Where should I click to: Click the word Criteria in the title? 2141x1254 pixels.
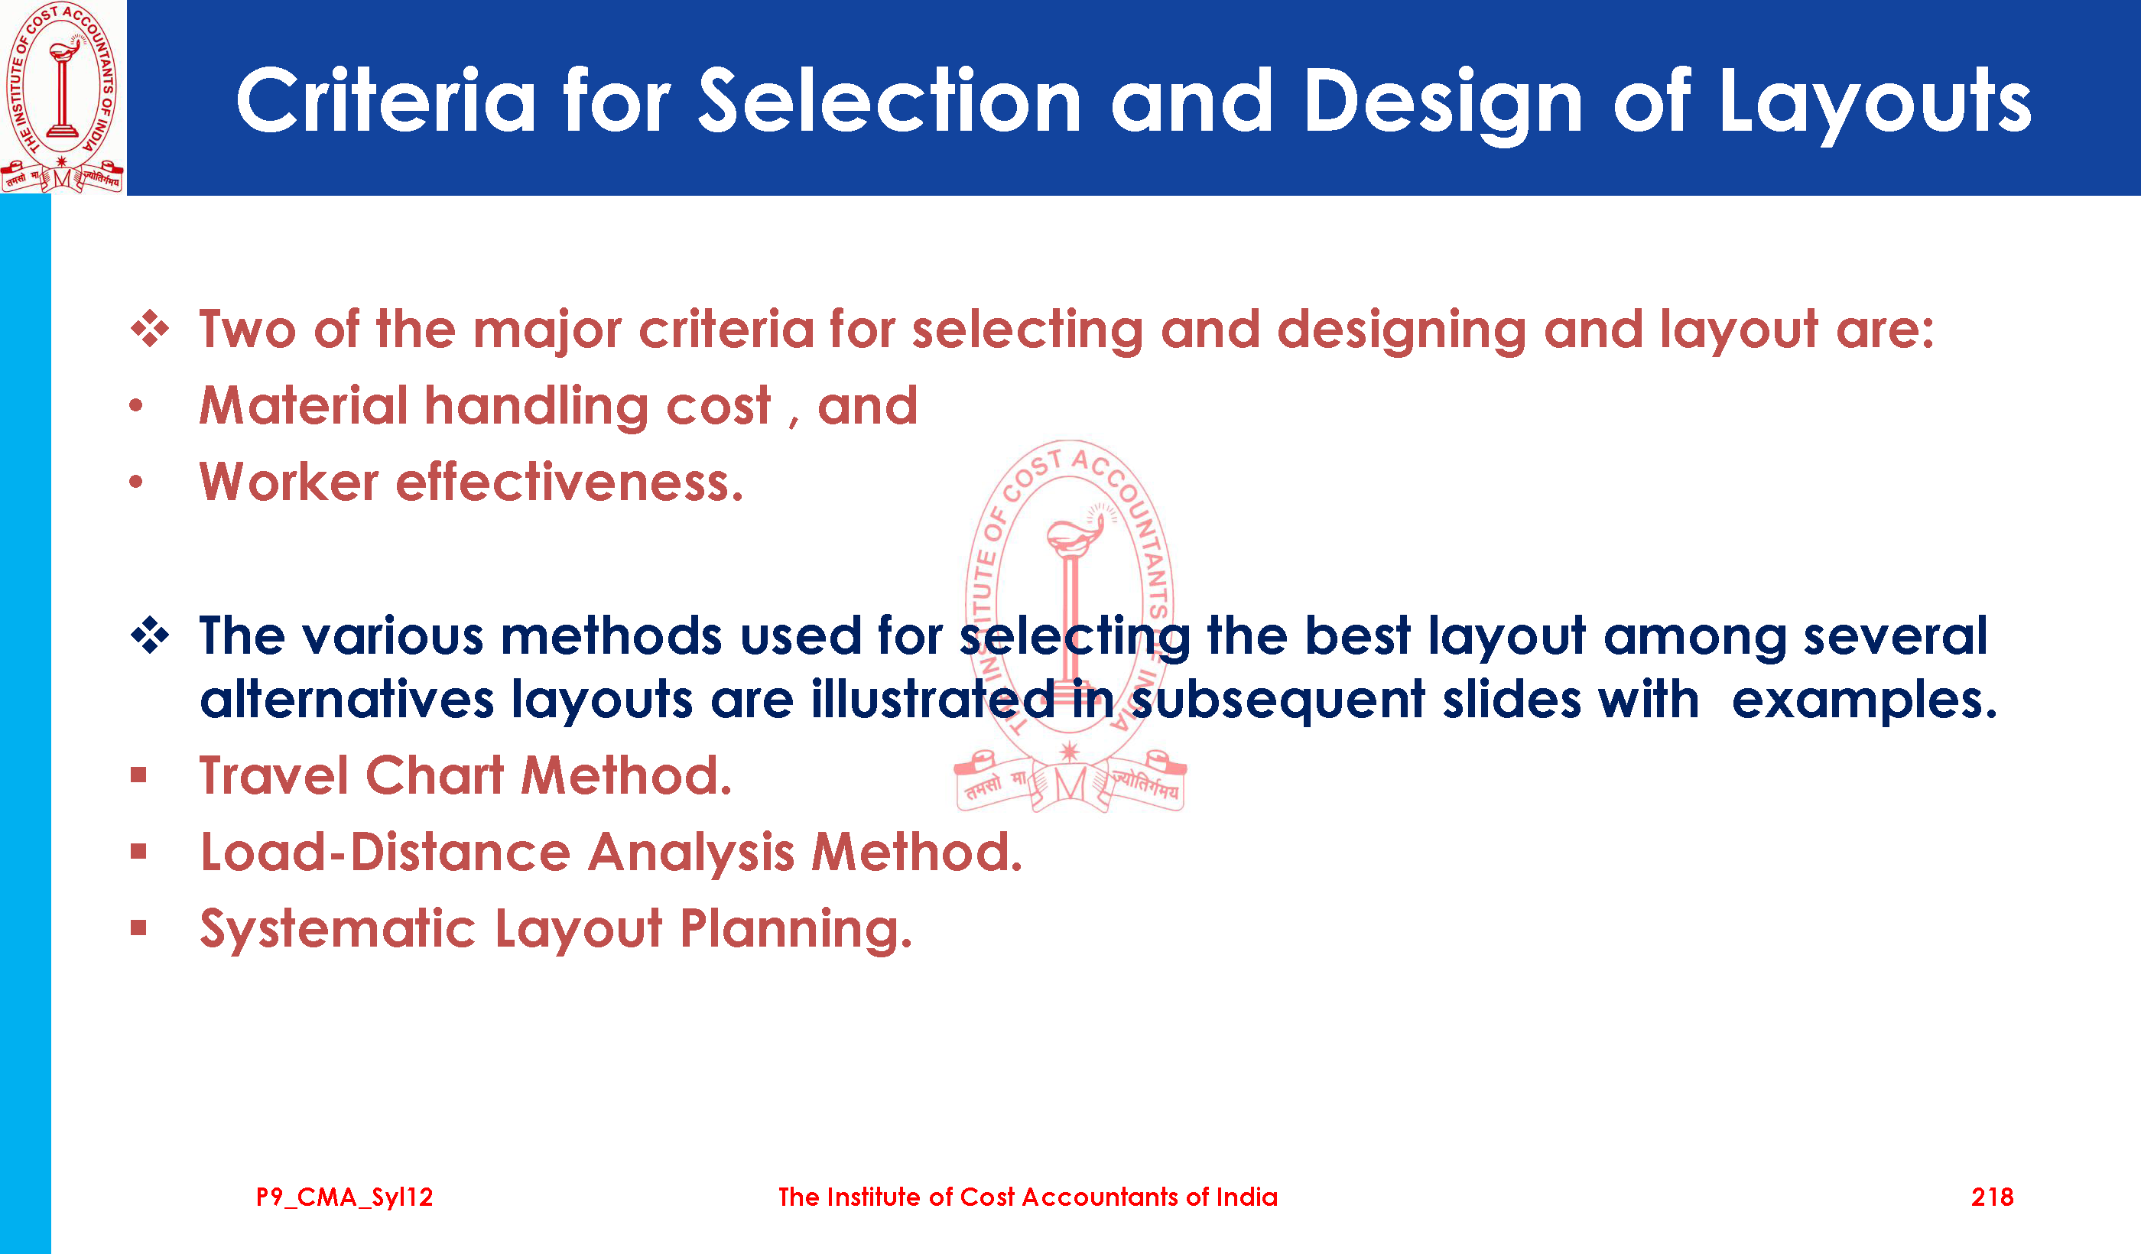[387, 101]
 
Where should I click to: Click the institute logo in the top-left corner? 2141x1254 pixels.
[62, 97]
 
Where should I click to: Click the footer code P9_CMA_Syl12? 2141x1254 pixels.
[344, 1198]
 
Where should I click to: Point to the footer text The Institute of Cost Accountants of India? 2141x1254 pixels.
[1028, 1197]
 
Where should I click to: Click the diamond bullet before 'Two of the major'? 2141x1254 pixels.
[150, 330]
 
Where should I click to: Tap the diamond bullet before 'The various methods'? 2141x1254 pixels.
[150, 635]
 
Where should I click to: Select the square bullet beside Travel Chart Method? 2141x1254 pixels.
[138, 775]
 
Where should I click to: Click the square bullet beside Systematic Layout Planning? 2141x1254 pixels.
[138, 928]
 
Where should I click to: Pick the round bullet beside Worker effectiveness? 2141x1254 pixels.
[136, 482]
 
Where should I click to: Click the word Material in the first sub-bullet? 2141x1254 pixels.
[304, 405]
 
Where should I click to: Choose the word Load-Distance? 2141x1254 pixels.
[385, 851]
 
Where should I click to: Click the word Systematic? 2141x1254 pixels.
[337, 928]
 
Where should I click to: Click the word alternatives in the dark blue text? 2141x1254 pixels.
[346, 699]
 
